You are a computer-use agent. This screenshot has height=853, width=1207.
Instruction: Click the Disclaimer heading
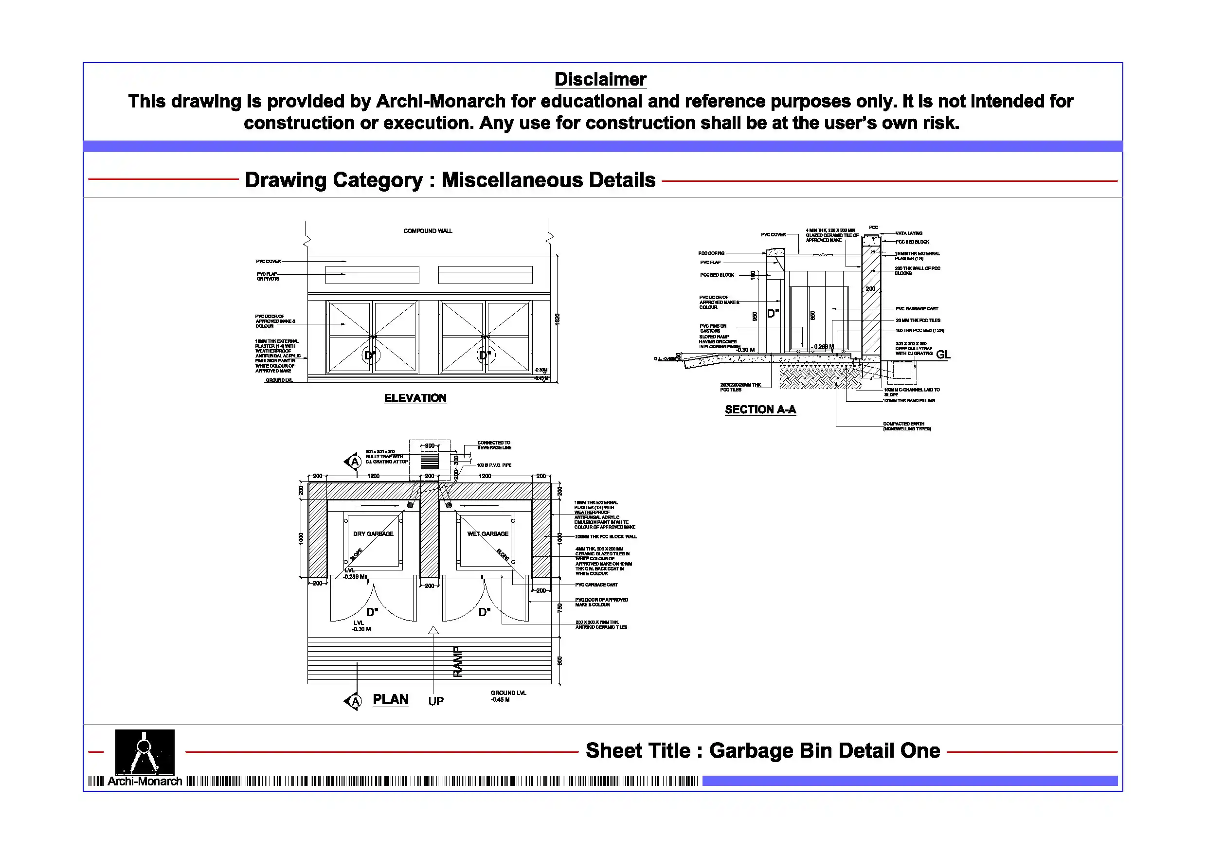[x=600, y=79]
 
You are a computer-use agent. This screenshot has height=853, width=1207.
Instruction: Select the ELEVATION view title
[x=415, y=398]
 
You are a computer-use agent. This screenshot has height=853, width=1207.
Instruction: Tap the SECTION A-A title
[x=760, y=409]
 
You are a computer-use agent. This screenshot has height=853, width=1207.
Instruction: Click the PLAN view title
[x=390, y=699]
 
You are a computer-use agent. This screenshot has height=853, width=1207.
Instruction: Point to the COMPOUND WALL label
[x=428, y=231]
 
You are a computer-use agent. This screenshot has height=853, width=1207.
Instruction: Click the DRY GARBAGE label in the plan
[x=373, y=534]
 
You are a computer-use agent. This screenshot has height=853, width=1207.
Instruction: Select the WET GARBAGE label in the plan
[x=487, y=534]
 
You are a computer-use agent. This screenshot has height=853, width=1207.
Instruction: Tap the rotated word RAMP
[x=457, y=662]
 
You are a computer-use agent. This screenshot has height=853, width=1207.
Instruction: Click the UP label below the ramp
[x=436, y=701]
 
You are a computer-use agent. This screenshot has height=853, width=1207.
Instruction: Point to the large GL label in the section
[x=943, y=355]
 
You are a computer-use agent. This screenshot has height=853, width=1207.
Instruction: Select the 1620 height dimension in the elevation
[x=557, y=319]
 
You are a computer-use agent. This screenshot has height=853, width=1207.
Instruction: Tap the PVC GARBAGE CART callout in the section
[x=917, y=308]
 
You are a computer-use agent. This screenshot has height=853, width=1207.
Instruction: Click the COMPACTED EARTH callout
[x=906, y=426]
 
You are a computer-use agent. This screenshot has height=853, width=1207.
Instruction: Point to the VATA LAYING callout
[x=909, y=233]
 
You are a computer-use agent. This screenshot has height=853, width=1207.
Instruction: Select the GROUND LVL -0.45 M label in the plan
[x=508, y=696]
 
